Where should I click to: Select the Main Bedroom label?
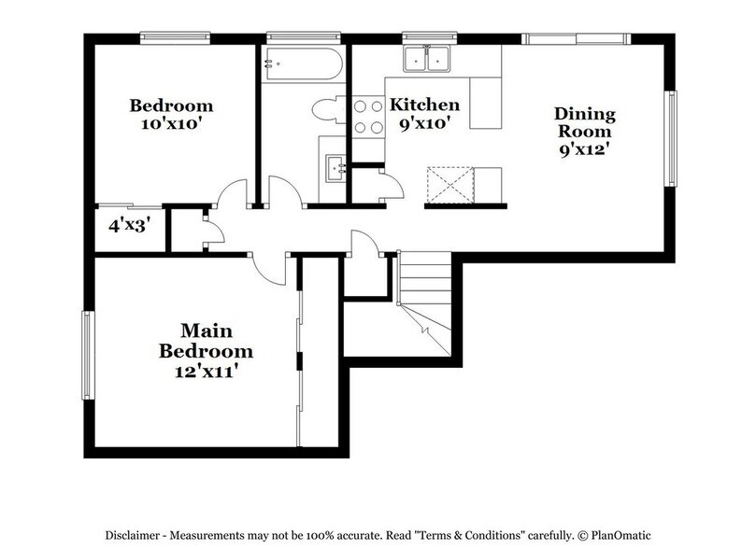coord(206,341)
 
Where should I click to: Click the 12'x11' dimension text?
coord(206,372)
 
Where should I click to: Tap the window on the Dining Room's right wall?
coord(669,138)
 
